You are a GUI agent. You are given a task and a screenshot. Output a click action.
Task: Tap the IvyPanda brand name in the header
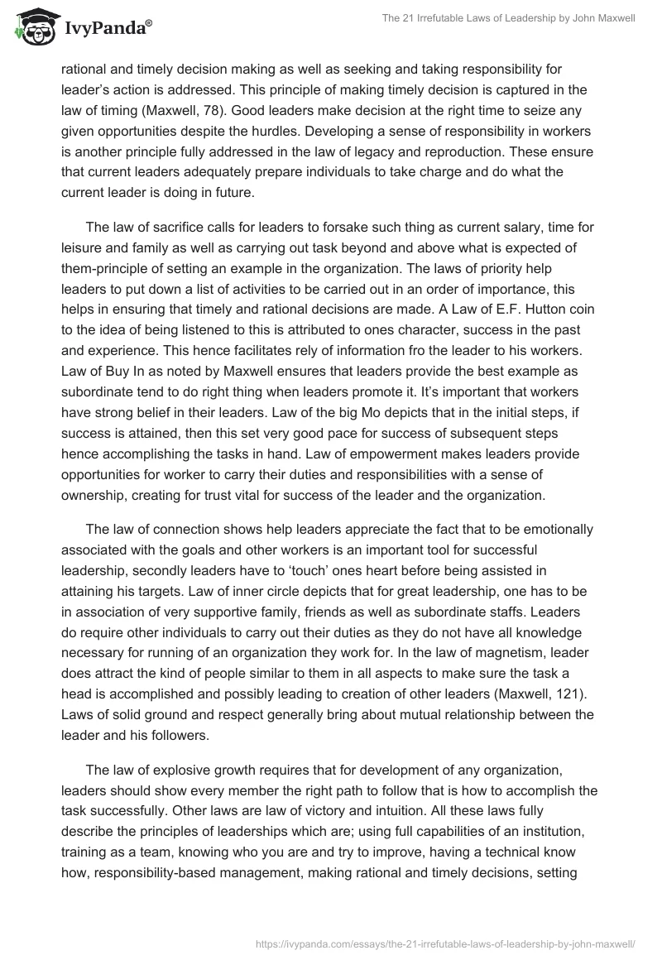coord(108,30)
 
